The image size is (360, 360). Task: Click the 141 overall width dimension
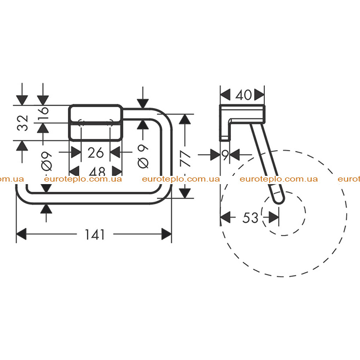[x=95, y=235]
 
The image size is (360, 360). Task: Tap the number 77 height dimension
[x=186, y=158]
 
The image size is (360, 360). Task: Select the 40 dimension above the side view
[x=243, y=95]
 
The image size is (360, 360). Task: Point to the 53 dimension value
[x=250, y=218]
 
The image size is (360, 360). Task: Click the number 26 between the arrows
[x=96, y=152]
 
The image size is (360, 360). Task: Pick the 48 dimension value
[x=97, y=171]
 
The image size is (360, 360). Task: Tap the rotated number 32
[x=23, y=123]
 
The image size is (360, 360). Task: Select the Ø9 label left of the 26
[x=47, y=161]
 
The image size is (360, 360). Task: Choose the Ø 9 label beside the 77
[x=143, y=157]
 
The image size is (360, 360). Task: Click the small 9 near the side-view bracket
[x=226, y=155]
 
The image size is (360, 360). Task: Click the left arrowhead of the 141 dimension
[x=22, y=234]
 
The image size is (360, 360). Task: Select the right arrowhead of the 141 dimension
[x=167, y=234]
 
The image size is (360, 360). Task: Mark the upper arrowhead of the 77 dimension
[x=185, y=119]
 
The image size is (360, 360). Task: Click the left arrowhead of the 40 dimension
[x=225, y=95]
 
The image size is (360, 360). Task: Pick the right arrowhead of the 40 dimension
[x=259, y=95]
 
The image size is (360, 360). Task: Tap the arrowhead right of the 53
[x=274, y=217]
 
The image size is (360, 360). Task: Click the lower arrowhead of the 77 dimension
[x=185, y=193]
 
